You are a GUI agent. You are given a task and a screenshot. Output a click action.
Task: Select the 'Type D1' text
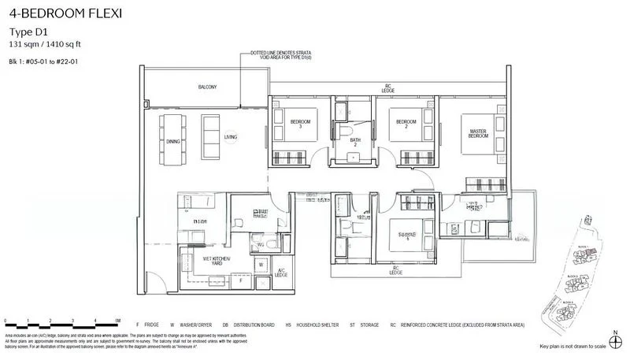(28, 32)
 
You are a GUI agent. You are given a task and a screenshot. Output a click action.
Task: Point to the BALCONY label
(207, 87)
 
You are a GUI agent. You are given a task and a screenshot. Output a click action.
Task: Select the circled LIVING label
(231, 137)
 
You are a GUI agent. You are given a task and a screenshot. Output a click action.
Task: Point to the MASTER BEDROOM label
(481, 133)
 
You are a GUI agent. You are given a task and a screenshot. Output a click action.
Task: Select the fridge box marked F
(240, 279)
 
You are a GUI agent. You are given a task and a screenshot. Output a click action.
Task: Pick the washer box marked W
(261, 264)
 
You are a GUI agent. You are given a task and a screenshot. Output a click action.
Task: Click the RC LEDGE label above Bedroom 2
(387, 89)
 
